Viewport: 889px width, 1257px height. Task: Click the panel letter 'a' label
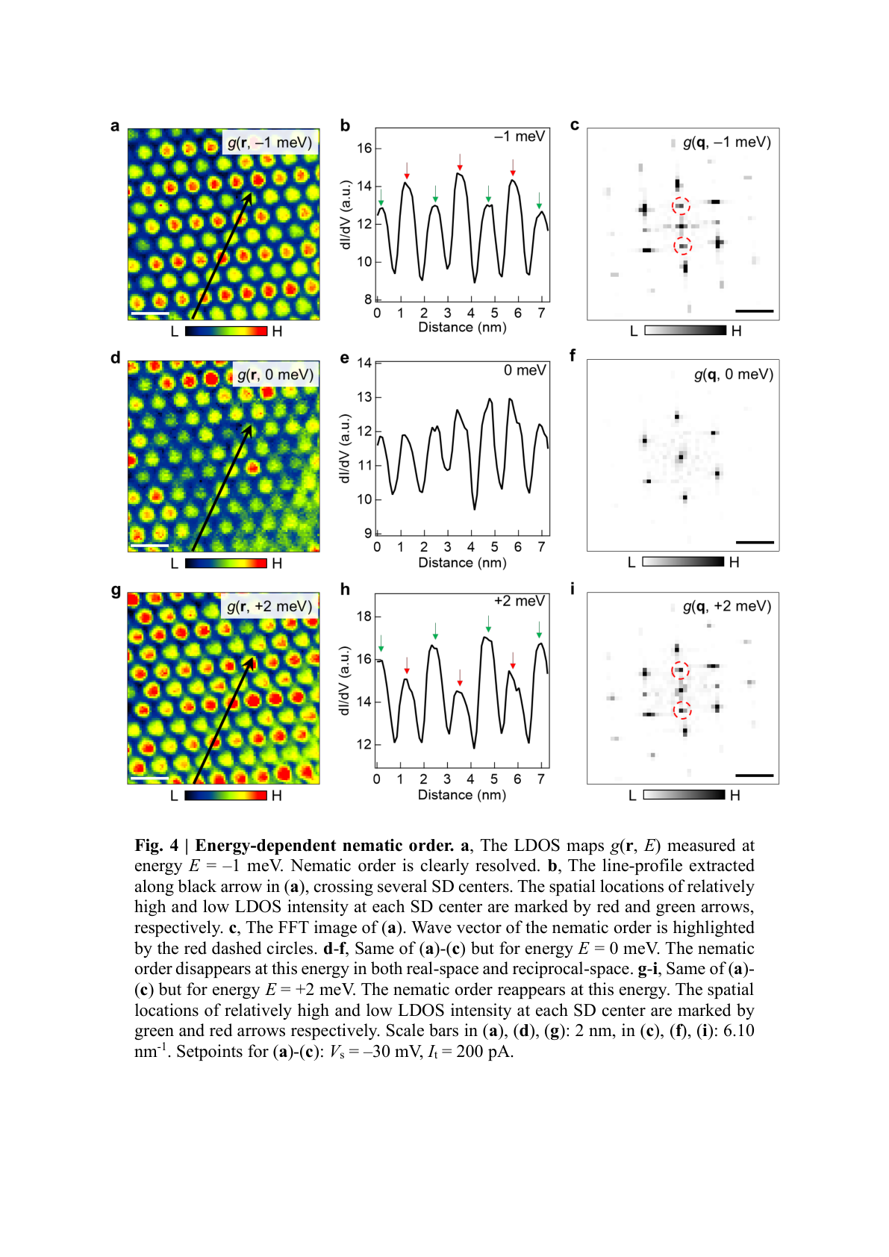tap(115, 125)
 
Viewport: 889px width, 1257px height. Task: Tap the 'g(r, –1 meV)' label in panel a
tap(269, 142)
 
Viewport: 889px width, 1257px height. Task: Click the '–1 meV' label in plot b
tap(520, 137)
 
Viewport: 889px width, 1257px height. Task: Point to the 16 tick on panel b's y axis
tap(364, 148)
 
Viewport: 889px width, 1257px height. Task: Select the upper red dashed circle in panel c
tap(681, 206)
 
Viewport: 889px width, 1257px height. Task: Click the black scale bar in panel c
tap(754, 311)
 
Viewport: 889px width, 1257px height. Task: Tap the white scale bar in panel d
tap(149, 546)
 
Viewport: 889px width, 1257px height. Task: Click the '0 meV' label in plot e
tap(525, 370)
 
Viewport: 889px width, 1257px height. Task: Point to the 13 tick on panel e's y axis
tap(364, 397)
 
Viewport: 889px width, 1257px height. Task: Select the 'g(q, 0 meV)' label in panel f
tap(733, 374)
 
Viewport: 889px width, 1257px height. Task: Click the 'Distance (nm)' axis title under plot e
tap(462, 563)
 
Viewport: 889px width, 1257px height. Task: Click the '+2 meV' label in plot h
tap(520, 602)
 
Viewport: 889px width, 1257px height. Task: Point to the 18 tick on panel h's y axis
tap(364, 617)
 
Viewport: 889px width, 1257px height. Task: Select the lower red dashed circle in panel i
tap(682, 710)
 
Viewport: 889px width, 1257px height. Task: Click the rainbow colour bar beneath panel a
tap(225, 331)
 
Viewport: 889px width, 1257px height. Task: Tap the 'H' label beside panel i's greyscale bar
tap(735, 796)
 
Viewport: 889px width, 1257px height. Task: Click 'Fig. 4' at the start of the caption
tap(156, 846)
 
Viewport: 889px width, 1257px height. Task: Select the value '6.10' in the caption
tap(738, 1031)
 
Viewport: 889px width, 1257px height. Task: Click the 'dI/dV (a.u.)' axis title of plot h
tap(344, 681)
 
